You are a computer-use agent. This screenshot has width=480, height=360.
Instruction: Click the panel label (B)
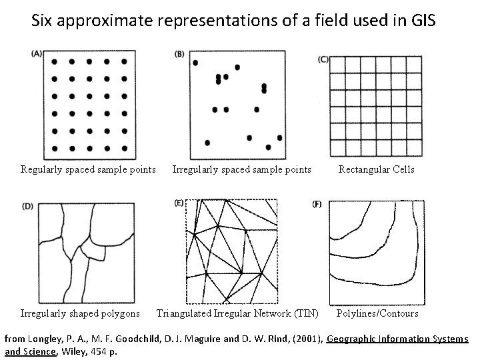coord(179,55)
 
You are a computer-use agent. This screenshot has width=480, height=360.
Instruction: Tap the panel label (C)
coord(323,59)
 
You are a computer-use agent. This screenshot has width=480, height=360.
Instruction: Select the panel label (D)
coord(28,206)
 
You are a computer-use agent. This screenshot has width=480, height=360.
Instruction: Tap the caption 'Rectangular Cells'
coord(376,169)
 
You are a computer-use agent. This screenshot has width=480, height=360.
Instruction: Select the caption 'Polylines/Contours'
coord(377,313)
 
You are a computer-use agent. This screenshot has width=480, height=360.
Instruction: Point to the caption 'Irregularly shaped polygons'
coord(80,313)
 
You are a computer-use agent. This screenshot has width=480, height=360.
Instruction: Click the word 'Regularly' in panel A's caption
coord(41,169)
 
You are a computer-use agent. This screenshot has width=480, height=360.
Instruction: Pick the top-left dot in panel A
coord(55,61)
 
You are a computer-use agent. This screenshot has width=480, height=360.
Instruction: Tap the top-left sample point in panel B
coord(195,63)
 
